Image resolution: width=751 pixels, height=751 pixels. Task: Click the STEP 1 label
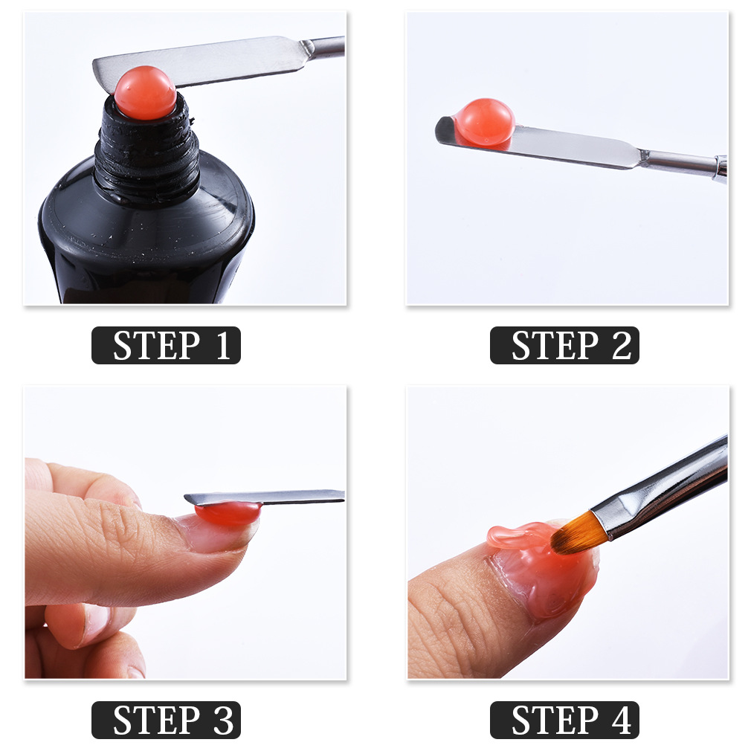coord(166,346)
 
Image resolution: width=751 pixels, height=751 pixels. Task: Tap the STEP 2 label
coord(564,346)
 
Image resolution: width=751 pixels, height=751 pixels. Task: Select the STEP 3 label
coord(166,720)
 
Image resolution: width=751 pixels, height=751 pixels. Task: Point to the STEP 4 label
coord(564,720)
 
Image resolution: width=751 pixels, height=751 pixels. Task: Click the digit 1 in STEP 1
coord(223,347)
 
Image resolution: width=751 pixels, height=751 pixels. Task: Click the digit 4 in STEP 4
coord(622,721)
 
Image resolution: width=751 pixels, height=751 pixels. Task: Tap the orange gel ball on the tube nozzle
coord(145,94)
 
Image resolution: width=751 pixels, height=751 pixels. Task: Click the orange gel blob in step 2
coord(484,122)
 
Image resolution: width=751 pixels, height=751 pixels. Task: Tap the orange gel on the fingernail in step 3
coord(228,513)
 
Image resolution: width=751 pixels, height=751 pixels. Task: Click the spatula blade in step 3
coord(283,496)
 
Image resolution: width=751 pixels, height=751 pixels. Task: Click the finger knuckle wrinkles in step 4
coord(446,617)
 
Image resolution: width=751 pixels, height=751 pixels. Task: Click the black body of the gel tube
coord(145,238)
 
